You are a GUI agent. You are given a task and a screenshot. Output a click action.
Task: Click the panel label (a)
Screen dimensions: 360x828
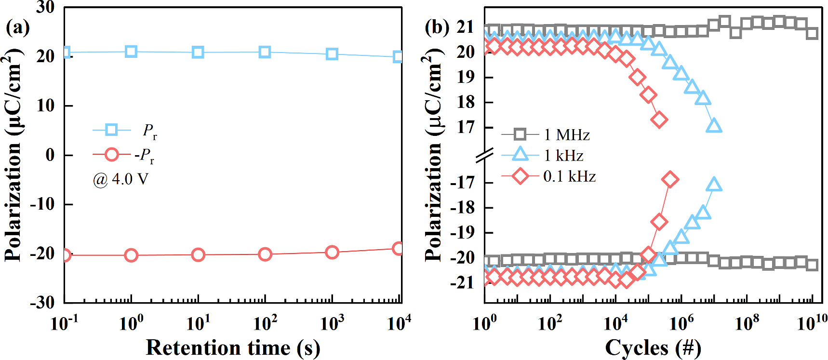[17, 27]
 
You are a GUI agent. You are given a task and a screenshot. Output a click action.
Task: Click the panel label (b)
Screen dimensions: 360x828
[437, 27]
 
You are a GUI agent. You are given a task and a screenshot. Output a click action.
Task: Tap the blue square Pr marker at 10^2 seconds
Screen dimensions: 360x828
[265, 52]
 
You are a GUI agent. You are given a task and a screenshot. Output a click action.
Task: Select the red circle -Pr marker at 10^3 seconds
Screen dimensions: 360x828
[332, 252]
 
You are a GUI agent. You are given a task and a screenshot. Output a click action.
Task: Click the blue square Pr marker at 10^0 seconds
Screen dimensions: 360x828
[131, 52]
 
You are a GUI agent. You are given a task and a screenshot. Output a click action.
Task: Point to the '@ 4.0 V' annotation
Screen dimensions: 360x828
[120, 179]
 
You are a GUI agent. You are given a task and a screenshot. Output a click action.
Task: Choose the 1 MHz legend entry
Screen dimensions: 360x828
[546, 134]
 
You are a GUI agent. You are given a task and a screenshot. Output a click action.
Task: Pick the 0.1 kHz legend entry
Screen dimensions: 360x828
[548, 176]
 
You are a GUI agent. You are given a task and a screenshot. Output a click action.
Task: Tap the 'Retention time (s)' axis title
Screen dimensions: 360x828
[233, 347]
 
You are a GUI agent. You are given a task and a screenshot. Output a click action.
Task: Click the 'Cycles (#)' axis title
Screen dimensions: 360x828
[653, 347]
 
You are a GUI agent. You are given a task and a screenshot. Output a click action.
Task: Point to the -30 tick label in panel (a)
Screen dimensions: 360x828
[42, 302]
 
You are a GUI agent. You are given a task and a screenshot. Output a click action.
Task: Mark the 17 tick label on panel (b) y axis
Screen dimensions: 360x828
[466, 127]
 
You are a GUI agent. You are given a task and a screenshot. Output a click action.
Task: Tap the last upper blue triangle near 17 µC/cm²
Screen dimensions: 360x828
[714, 126]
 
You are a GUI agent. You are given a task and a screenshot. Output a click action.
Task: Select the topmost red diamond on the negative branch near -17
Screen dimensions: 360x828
[670, 180]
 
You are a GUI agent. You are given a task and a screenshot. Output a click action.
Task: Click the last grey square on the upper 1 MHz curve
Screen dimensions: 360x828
[812, 33]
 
